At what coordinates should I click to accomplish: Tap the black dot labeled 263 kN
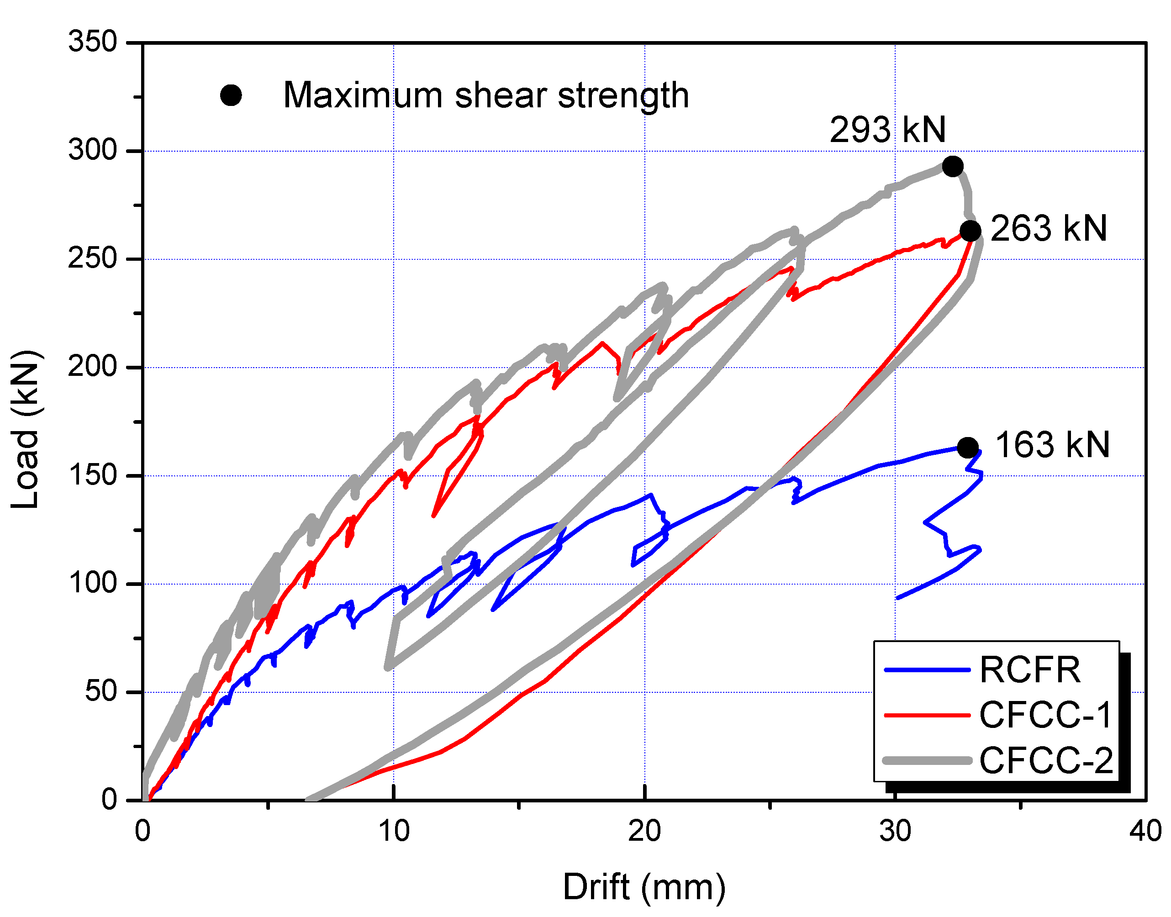pos(970,231)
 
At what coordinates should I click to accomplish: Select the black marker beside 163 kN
pos(967,447)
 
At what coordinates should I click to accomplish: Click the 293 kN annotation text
pos(887,130)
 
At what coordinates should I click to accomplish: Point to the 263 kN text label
pos(1048,229)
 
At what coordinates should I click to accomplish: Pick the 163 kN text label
pos(1052,445)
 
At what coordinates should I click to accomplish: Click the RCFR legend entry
pos(1029,670)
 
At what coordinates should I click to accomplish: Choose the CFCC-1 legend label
pos(1045,716)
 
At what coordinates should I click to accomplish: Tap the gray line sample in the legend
pos(927,761)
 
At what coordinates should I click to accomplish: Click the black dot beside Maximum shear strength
pos(231,95)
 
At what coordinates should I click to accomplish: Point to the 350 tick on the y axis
pos(92,42)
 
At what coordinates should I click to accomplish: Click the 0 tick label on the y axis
pos(109,800)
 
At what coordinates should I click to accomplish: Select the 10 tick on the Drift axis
pos(394,832)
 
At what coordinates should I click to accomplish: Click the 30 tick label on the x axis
pos(895,832)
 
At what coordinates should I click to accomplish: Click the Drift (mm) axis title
pos(644,887)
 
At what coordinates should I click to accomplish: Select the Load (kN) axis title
pos(25,430)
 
